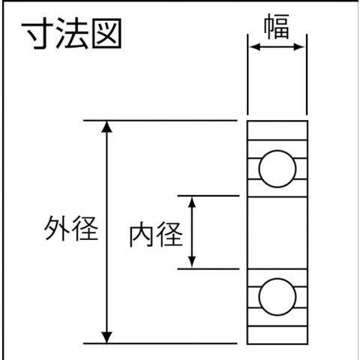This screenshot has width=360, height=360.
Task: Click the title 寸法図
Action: [71, 34]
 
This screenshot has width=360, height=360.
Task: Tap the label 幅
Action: [277, 26]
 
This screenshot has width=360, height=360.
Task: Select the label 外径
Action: [71, 229]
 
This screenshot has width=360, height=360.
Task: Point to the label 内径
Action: [156, 234]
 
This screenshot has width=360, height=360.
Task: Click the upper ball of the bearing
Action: [277, 169]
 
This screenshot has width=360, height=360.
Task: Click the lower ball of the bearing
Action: [277, 297]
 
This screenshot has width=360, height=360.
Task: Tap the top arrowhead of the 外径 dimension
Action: [107, 127]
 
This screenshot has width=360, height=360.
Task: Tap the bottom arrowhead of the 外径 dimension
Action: [107, 337]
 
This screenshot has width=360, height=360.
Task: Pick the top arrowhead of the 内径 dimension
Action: [192, 202]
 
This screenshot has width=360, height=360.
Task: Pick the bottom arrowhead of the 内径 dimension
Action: [192, 262]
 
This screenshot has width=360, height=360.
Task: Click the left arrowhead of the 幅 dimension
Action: [255, 46]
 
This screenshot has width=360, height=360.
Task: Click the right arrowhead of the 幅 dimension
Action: [299, 46]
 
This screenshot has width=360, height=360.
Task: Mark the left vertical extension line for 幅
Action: [247, 74]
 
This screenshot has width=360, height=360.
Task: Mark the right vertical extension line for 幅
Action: [307, 74]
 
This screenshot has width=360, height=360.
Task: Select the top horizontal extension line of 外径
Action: [160, 121]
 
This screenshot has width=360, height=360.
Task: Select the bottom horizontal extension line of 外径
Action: [160, 343]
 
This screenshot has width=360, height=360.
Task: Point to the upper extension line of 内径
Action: [208, 196]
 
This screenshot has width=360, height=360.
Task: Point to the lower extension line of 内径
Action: [208, 269]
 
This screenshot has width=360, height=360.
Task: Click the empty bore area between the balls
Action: [277, 232]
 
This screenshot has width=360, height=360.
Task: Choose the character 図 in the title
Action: [106, 34]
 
